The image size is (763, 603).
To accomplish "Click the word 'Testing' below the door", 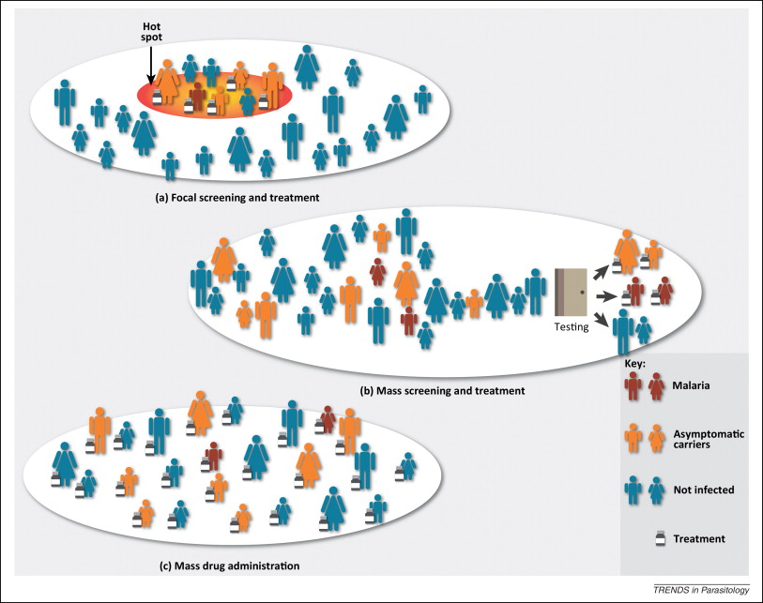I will coord(572,328).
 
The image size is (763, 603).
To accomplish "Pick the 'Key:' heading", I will coord(635,361).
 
